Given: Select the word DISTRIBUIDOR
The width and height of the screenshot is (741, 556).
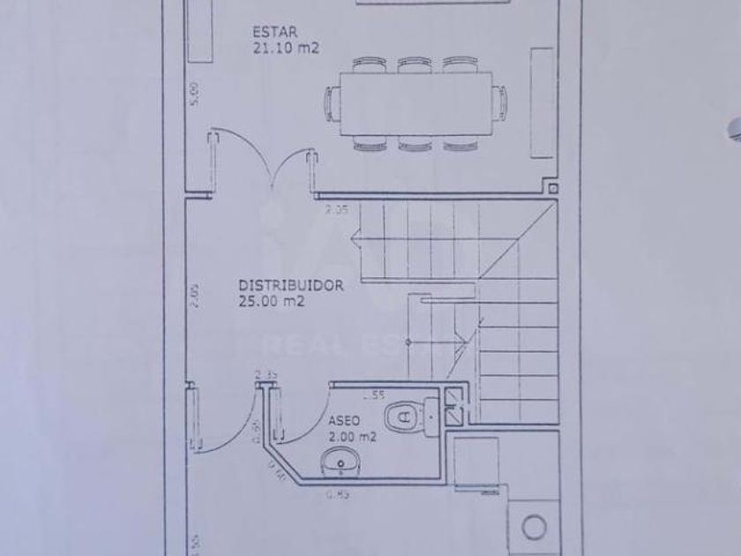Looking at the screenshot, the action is pos(291,286).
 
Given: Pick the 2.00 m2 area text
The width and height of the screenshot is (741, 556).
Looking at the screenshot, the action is pos(351,436).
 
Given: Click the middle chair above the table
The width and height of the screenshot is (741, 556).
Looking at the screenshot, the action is pos(413,64).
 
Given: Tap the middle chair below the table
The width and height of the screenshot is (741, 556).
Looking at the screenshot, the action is pos(413,142).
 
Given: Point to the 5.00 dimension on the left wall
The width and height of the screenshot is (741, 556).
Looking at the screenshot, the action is pos(195,93).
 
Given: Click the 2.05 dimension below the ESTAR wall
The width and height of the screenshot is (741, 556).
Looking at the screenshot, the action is pos(336,210).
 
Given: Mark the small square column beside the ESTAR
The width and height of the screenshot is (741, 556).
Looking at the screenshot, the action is pos(550,188).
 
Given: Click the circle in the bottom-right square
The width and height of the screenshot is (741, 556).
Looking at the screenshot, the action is pos(533,527).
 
